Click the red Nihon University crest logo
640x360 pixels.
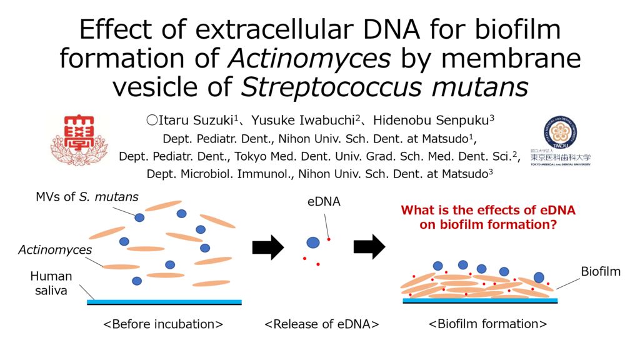click(x=79, y=140)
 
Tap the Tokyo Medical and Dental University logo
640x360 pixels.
click(x=561, y=141)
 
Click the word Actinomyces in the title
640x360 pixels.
click(x=309, y=58)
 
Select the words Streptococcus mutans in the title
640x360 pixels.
click(x=384, y=86)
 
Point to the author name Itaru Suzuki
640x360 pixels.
click(x=196, y=121)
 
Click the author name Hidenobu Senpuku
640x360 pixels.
click(x=431, y=121)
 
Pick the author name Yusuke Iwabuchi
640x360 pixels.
click(x=302, y=121)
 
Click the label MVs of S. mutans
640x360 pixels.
click(x=87, y=197)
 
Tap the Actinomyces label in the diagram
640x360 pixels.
click(x=55, y=249)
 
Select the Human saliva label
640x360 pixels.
click(x=51, y=283)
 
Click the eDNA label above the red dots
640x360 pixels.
click(x=324, y=201)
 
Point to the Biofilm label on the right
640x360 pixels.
click(x=601, y=271)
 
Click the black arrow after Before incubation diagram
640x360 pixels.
click(x=268, y=247)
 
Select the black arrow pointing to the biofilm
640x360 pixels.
click(x=369, y=246)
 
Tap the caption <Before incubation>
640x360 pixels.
click(x=163, y=324)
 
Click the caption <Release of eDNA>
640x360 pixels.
click(x=322, y=324)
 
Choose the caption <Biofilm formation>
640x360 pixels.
click(x=487, y=324)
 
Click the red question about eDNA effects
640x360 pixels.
click(x=488, y=217)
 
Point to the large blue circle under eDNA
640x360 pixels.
click(x=313, y=242)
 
